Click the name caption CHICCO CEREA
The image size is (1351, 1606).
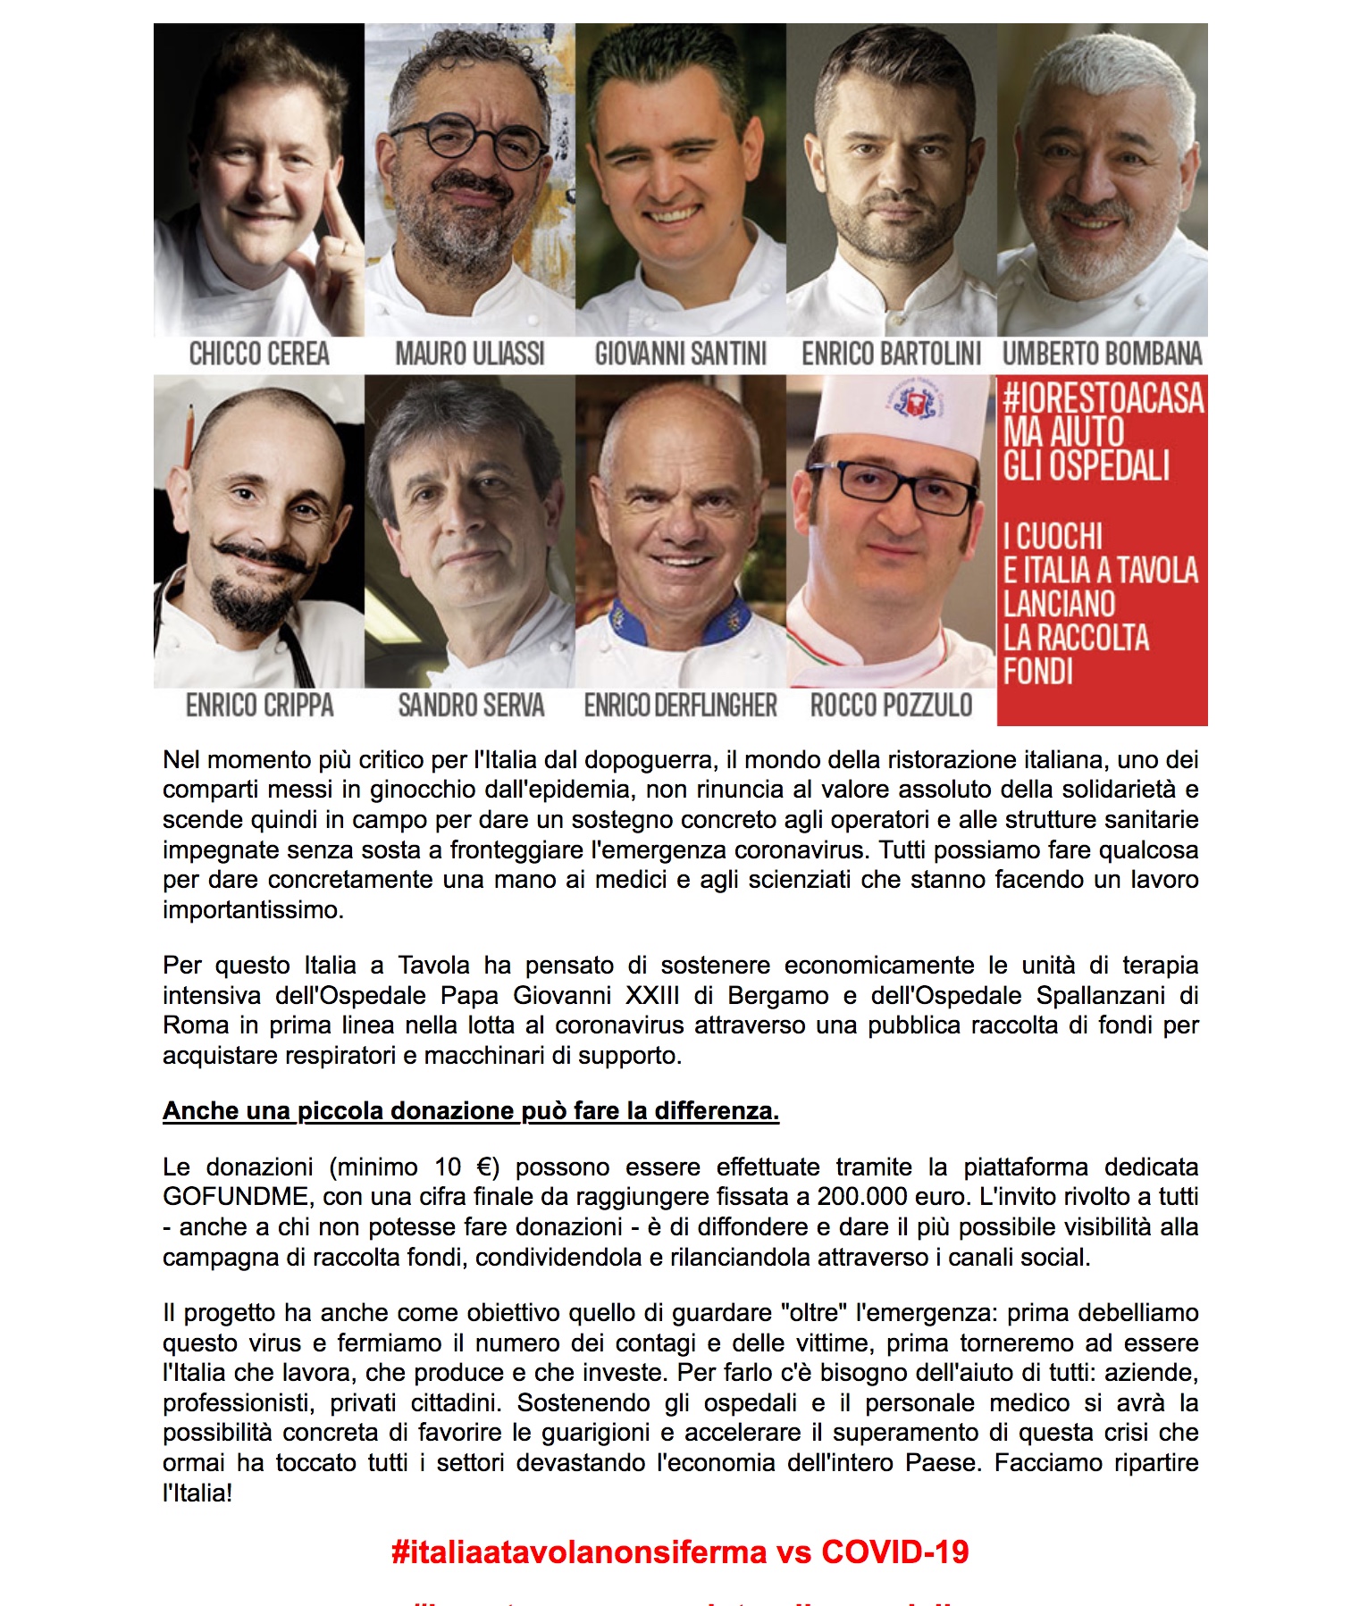259,354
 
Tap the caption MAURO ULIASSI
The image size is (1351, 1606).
470,354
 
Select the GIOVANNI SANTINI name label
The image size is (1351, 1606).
681,354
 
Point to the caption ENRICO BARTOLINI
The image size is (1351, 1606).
891,354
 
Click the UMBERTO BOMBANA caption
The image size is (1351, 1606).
1102,354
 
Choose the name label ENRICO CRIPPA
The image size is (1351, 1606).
259,706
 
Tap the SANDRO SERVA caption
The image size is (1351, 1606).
471,706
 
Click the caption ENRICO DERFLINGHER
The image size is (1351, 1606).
681,706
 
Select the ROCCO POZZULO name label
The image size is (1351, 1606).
891,706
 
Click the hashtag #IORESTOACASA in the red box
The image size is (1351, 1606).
1103,398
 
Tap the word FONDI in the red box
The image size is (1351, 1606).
1037,672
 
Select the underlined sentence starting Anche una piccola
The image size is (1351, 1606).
471,1111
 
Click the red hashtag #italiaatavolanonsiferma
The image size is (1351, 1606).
579,1552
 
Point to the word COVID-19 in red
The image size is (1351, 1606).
894,1552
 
